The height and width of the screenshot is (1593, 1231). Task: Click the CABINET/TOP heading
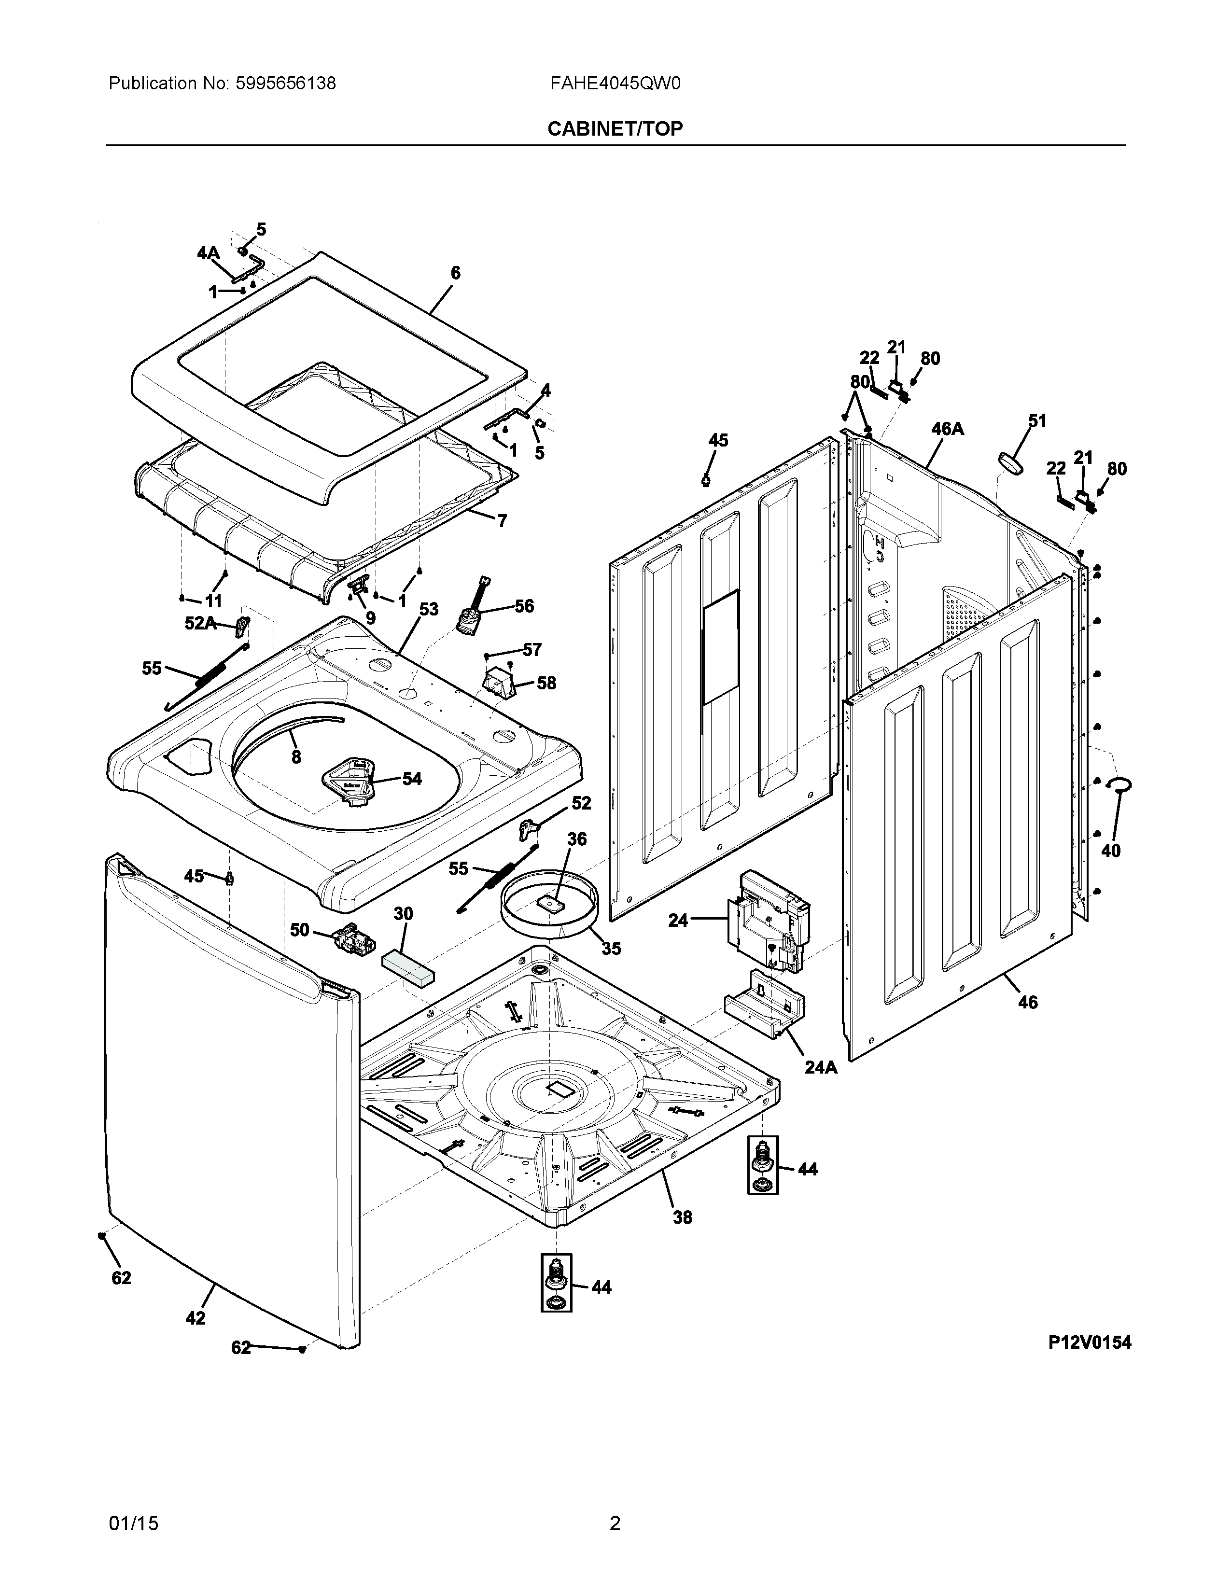615,129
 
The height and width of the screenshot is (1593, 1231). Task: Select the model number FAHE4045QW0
615,84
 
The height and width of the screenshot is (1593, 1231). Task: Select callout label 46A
947,429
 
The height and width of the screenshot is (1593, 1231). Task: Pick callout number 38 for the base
682,1217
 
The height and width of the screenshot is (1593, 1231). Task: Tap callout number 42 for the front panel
196,1318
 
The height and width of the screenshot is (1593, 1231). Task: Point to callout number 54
412,779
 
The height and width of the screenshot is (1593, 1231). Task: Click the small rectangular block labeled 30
407,967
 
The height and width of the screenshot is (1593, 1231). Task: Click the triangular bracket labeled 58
499,684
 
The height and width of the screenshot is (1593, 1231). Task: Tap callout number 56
524,606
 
